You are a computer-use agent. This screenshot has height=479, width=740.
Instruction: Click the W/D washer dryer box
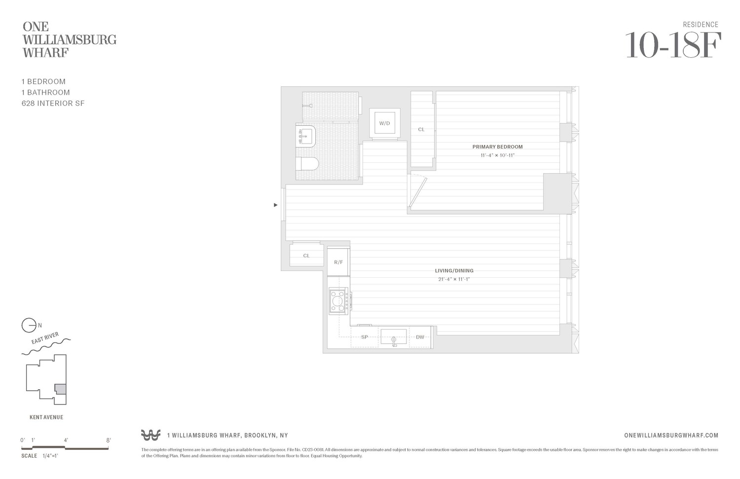pyautogui.click(x=384, y=123)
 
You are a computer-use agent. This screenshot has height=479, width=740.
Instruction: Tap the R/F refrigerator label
pyautogui.click(x=338, y=262)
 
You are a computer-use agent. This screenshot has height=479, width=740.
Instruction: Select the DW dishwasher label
pyautogui.click(x=420, y=337)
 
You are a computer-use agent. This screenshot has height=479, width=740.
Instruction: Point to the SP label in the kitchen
pyautogui.click(x=365, y=337)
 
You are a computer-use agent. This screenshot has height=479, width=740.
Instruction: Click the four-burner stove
pyautogui.click(x=339, y=300)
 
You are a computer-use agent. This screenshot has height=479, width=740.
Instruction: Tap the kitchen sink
pyautogui.click(x=394, y=337)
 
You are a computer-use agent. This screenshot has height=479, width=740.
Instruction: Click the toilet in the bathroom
pyautogui.click(x=307, y=164)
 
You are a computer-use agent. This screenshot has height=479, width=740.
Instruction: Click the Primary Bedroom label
pyautogui.click(x=497, y=147)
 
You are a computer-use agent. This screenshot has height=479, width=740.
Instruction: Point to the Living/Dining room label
pyautogui.click(x=454, y=270)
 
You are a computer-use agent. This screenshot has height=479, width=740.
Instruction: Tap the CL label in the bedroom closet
pyautogui.click(x=421, y=130)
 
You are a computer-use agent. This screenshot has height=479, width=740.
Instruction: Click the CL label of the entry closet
pyautogui.click(x=306, y=256)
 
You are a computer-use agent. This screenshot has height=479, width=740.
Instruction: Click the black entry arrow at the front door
pyautogui.click(x=276, y=205)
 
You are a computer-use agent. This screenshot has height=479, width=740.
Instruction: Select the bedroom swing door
pyautogui.click(x=417, y=192)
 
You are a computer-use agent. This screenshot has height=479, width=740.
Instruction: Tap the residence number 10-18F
pyautogui.click(x=673, y=45)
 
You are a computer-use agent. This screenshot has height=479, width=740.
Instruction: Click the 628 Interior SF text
pyautogui.click(x=53, y=104)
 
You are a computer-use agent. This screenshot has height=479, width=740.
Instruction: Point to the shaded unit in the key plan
pyautogui.click(x=60, y=389)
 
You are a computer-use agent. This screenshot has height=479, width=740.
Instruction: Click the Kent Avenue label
pyautogui.click(x=46, y=417)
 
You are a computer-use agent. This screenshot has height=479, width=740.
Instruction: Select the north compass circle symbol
pyautogui.click(x=29, y=326)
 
